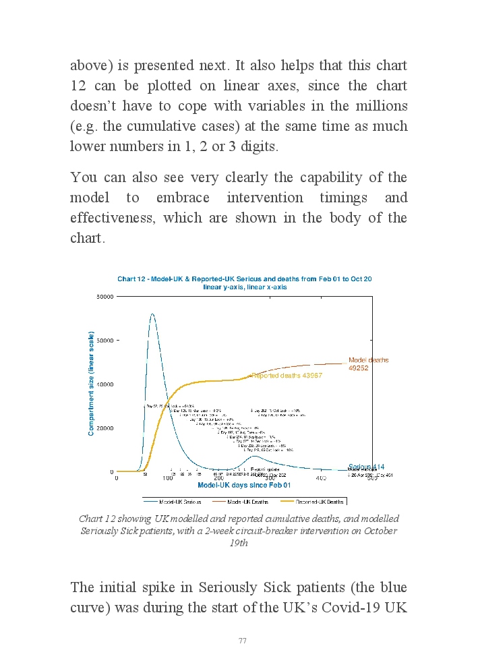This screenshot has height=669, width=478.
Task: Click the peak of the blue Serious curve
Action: pyautogui.click(x=152, y=314)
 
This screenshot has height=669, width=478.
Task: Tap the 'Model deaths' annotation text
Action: pyautogui.click(x=368, y=360)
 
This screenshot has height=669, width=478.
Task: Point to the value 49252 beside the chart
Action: pyautogui.click(x=358, y=368)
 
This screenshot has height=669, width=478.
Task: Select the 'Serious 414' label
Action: pyautogui.click(x=366, y=467)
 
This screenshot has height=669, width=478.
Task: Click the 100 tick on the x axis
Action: pyautogui.click(x=168, y=478)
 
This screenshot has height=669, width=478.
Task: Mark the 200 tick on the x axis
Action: pyautogui.click(x=219, y=478)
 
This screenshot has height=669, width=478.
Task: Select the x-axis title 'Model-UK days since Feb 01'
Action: pyautogui.click(x=244, y=486)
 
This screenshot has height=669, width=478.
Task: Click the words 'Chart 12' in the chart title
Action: pyautogui.click(x=132, y=279)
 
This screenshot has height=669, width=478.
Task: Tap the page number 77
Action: pyautogui.click(x=242, y=640)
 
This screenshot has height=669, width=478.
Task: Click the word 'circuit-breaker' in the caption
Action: pyautogui.click(x=293, y=531)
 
